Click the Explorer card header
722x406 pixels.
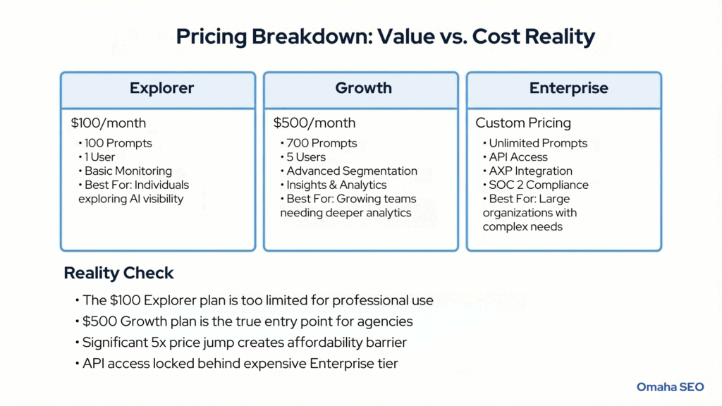pyautogui.click(x=161, y=89)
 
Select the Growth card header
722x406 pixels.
pyautogui.click(x=363, y=89)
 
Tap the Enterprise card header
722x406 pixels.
pyautogui.click(x=568, y=89)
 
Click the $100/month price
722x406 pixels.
pyautogui.click(x=108, y=123)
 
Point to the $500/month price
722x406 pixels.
pyautogui.click(x=314, y=123)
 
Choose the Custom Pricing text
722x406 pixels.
pyautogui.click(x=523, y=123)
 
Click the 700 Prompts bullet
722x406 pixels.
pyautogui.click(x=322, y=143)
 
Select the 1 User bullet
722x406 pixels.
pyautogui.click(x=99, y=156)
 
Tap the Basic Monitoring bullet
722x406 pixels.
pyautogui.click(x=128, y=171)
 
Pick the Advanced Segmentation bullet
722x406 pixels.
pyautogui.click(x=351, y=171)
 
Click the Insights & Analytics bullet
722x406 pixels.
pyautogui.click(x=336, y=185)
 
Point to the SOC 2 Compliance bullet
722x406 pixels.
pyautogui.click(x=539, y=185)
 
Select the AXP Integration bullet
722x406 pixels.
pyautogui.click(x=531, y=171)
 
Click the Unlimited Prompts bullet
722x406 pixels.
pyautogui.click(x=538, y=143)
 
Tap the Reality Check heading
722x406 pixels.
pyautogui.click(x=118, y=273)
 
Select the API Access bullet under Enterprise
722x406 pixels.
pyautogui.click(x=518, y=156)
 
